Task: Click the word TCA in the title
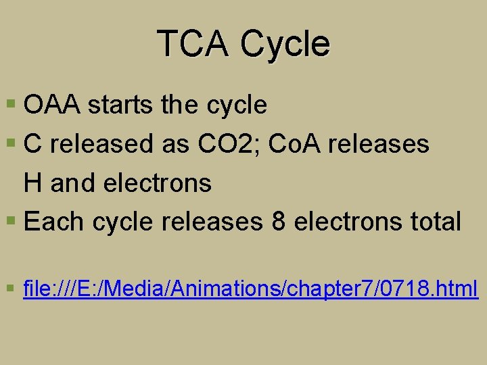coord(192,44)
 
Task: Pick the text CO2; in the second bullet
coord(217,144)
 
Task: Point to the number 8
coord(278,222)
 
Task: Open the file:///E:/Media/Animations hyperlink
coord(250,289)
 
